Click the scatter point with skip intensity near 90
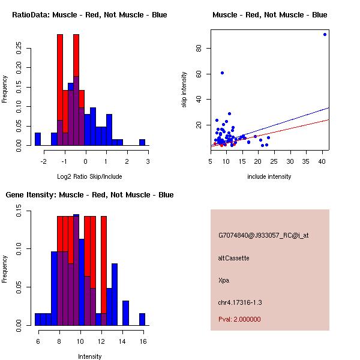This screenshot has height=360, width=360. click(325, 34)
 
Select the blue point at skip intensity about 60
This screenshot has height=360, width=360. click(222, 73)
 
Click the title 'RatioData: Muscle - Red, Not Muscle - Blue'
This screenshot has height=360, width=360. click(89, 15)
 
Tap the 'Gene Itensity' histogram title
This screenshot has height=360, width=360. click(89, 195)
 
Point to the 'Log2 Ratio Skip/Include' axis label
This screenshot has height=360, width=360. click(89, 176)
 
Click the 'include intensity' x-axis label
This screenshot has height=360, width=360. click(270, 176)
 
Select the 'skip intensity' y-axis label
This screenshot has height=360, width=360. click(185, 90)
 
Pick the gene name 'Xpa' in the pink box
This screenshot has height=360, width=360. click(224, 280)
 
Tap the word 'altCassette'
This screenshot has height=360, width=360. click(233, 258)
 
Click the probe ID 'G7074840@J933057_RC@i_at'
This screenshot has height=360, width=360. click(263, 236)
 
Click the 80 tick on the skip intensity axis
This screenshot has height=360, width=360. click(198, 48)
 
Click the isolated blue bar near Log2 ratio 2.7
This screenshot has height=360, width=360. click(142, 142)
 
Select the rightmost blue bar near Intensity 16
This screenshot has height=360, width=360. click(142, 319)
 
